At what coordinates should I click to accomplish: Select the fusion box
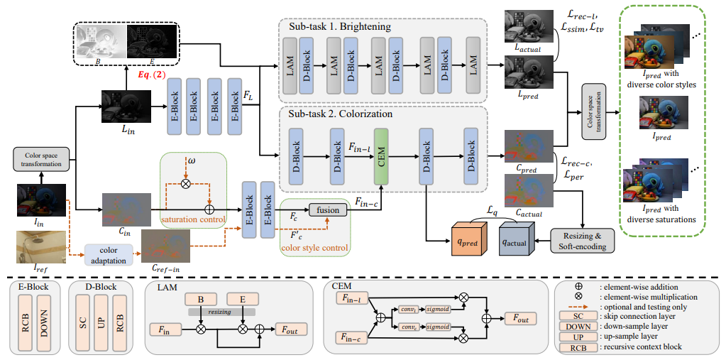click(327, 209)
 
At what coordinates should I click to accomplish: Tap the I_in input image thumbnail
click(42, 200)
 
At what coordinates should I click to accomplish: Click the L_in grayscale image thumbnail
click(126, 104)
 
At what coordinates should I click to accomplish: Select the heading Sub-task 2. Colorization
click(341, 113)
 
